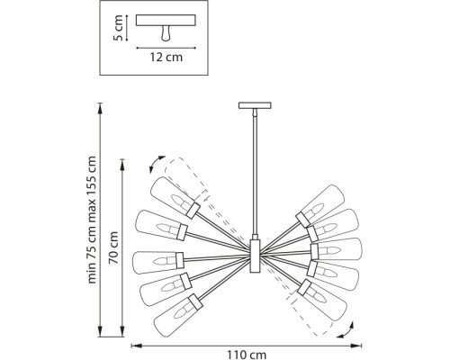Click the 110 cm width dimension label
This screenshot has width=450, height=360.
(x=247, y=355)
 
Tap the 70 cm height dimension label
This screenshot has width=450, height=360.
(x=113, y=247)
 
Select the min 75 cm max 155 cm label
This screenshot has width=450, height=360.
(x=92, y=220)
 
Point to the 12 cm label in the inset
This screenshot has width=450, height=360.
(x=166, y=57)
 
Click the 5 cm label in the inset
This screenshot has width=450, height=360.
(x=119, y=28)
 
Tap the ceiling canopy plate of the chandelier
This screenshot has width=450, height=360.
(x=255, y=105)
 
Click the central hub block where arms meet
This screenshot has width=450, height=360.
(x=255, y=256)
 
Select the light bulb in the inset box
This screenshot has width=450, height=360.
(x=166, y=33)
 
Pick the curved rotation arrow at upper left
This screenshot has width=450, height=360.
(x=155, y=163)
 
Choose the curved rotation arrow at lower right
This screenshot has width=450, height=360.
(x=347, y=331)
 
